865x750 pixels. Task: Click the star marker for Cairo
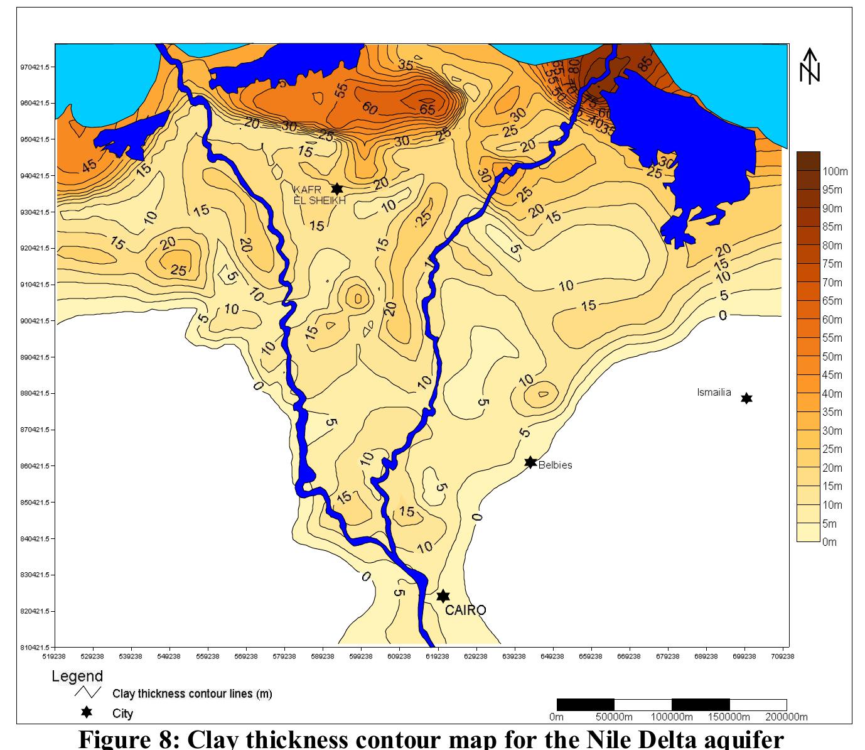pyautogui.click(x=443, y=596)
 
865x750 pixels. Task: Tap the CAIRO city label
pyautogui.click(x=465, y=610)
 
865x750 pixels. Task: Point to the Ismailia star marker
pyautogui.click(x=746, y=398)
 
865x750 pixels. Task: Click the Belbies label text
pyautogui.click(x=555, y=465)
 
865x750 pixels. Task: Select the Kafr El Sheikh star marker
pyautogui.click(x=336, y=189)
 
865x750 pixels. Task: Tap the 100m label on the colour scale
pyautogui.click(x=835, y=171)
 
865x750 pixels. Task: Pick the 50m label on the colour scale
pyautogui.click(x=833, y=357)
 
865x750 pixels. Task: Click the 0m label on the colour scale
pyautogui.click(x=830, y=542)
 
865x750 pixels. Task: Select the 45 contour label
pyautogui.click(x=90, y=165)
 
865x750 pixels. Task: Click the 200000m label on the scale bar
pyautogui.click(x=785, y=717)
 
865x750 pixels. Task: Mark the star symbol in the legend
pyautogui.click(x=87, y=713)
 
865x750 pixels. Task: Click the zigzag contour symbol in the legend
pyautogui.click(x=87, y=693)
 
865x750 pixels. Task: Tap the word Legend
pyautogui.click(x=77, y=677)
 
